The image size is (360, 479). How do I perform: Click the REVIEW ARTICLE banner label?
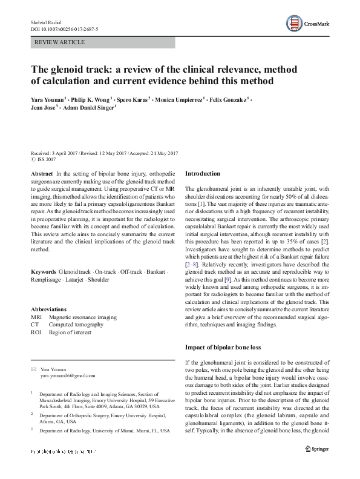pyautogui.click(x=60, y=42)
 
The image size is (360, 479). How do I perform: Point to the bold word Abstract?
pyautogui.click(x=42, y=173)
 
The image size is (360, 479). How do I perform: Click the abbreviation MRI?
pyautogui.click(x=37, y=317)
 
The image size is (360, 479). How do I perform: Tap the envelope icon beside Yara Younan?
pyautogui.click(x=33, y=369)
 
